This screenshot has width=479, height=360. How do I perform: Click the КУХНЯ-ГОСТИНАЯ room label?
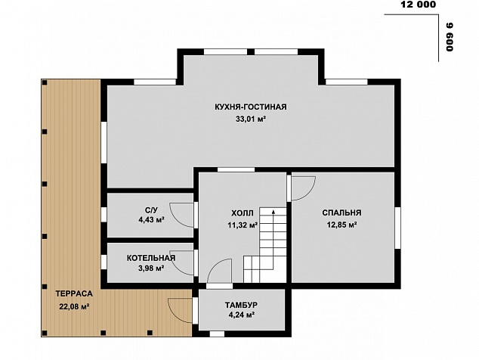click(251, 107)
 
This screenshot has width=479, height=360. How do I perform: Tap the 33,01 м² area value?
click(250, 119)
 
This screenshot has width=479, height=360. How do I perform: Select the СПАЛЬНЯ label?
click(341, 213)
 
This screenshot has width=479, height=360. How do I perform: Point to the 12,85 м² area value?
click(342, 225)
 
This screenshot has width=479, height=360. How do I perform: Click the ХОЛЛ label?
click(243, 213)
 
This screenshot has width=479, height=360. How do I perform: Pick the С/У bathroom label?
click(151, 209)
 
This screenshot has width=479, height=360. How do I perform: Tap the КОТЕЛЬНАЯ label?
click(151, 258)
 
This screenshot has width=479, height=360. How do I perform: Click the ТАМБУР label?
click(241, 305)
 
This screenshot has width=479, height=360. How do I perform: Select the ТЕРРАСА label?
click(74, 293)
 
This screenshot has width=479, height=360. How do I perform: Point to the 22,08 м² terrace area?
click(74, 306)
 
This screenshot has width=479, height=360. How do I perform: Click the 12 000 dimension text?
click(418, 5)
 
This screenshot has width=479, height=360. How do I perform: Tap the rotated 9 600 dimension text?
click(450, 37)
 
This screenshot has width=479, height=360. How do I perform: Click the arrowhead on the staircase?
click(273, 211)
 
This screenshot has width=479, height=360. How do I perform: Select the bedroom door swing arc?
click(310, 194)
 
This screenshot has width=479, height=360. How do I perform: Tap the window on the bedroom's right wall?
click(397, 228)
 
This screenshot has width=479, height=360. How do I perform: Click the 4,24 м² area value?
click(242, 315)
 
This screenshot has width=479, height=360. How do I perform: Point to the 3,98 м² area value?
click(151, 268)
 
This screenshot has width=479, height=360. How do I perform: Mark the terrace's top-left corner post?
click(45, 82)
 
